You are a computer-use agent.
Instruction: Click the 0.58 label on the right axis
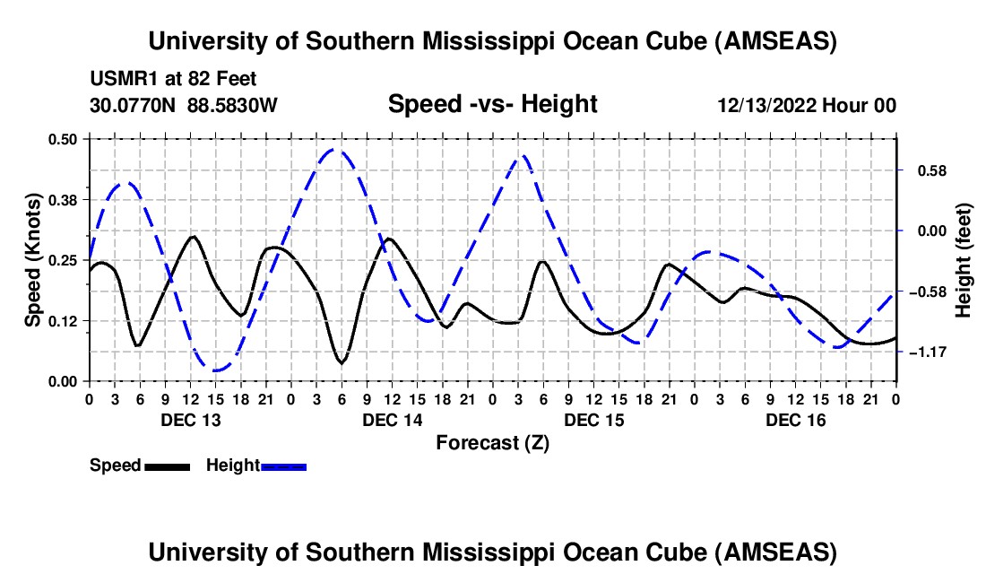[928, 170]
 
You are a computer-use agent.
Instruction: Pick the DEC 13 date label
[190, 420]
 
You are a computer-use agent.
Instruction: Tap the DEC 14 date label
[392, 420]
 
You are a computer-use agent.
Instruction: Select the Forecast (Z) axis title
[492, 442]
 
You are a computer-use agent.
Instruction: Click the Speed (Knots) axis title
[32, 260]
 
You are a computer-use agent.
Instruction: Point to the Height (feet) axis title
[964, 260]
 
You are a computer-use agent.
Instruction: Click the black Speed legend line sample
[167, 466]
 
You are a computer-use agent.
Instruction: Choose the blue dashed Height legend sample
[284, 466]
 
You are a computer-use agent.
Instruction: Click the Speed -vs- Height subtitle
[492, 104]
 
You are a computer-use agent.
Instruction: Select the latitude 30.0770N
[134, 105]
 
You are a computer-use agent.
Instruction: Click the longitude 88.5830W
[232, 105]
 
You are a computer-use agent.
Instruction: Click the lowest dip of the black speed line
[341, 362]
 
